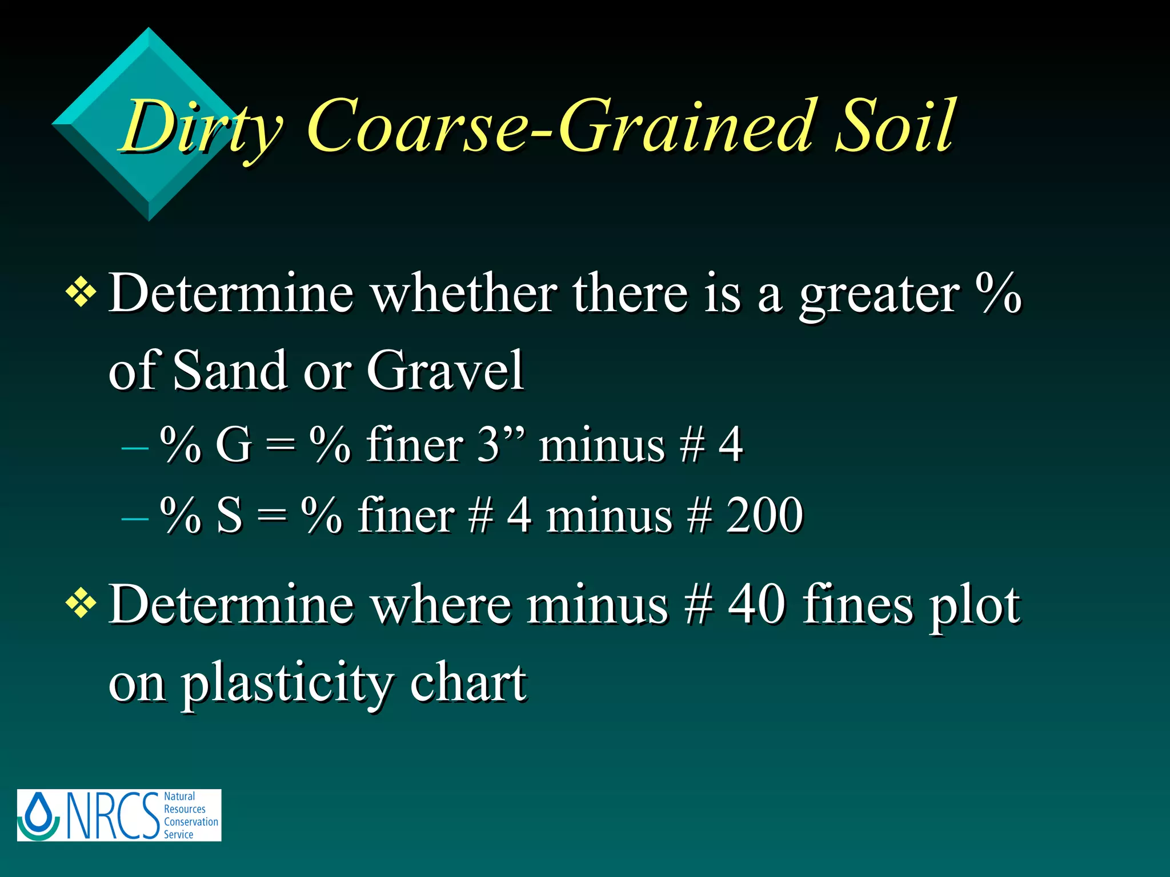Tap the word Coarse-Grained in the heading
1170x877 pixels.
tap(563, 127)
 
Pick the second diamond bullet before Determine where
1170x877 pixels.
tap(81, 605)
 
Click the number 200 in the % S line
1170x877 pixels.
tap(764, 516)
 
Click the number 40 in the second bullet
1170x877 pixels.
tap(756, 605)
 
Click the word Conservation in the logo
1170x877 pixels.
tap(191, 822)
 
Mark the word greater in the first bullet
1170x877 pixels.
tap(879, 294)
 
